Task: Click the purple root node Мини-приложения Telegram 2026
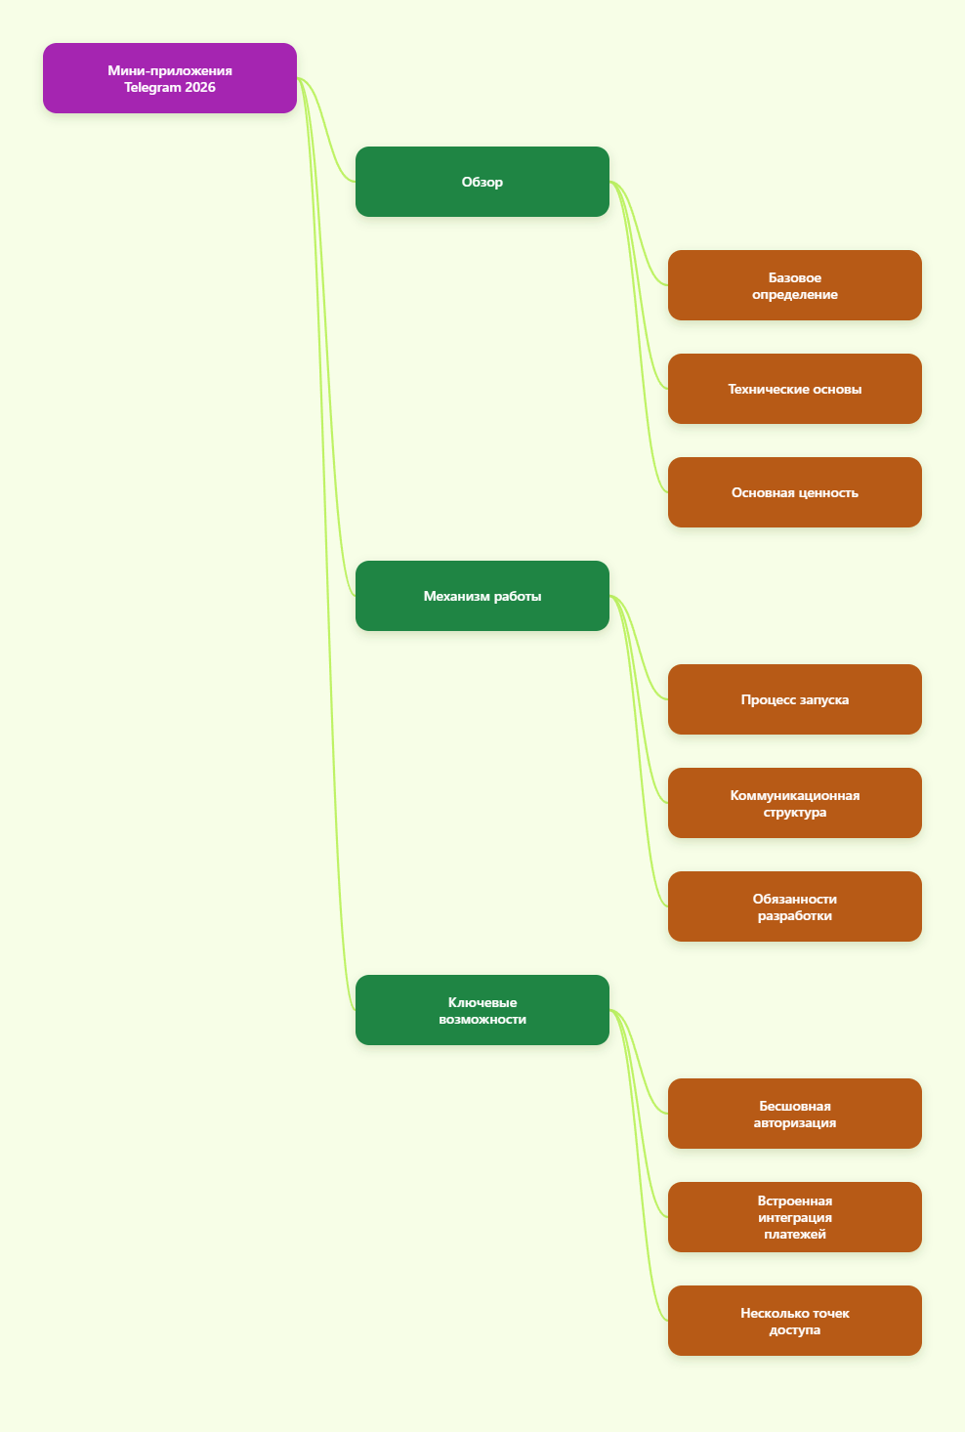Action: [x=169, y=78]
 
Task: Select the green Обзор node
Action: [x=482, y=182]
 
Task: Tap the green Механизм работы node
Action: [x=482, y=596]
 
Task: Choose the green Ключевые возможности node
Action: [x=482, y=1010]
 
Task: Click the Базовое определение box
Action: [x=794, y=285]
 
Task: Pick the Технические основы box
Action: [x=794, y=389]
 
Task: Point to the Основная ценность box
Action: [x=794, y=492]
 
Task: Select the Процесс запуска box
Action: [x=794, y=699]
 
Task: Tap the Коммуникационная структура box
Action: [x=794, y=803]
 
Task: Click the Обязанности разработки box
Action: [x=794, y=906]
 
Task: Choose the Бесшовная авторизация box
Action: [x=794, y=1114]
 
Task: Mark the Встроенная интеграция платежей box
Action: [x=794, y=1217]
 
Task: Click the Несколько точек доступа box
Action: [x=794, y=1321]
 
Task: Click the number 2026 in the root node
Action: [x=200, y=87]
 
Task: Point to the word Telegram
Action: [x=152, y=88]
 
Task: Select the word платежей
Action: [x=794, y=1235]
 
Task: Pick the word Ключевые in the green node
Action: [x=482, y=1002]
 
